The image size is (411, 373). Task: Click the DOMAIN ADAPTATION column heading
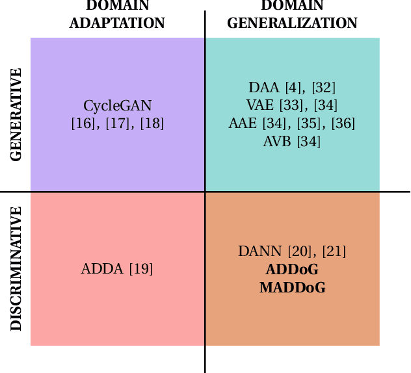[117, 15]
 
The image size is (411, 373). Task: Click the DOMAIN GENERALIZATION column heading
[292, 15]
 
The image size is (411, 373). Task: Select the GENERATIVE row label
[16, 114]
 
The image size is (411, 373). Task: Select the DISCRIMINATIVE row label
[16, 268]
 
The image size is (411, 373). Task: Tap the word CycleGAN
[118, 106]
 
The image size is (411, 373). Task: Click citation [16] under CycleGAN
[83, 123]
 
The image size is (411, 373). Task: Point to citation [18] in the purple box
[152, 123]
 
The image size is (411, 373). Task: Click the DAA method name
[263, 88]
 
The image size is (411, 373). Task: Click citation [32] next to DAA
[323, 88]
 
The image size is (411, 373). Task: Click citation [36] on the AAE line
[343, 123]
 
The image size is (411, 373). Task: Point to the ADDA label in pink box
[102, 269]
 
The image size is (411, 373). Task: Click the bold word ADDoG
[292, 269]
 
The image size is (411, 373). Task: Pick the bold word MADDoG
[292, 287]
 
